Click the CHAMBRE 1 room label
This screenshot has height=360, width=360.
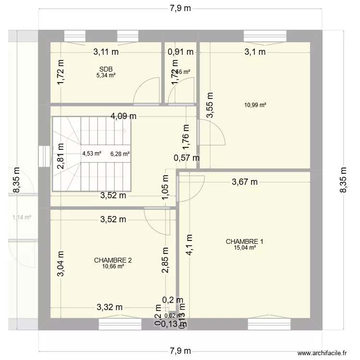click(x=244, y=241)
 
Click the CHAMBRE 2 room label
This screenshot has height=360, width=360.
click(x=113, y=260)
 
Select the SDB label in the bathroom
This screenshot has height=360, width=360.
click(x=106, y=69)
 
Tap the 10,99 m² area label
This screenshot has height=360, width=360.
click(x=256, y=105)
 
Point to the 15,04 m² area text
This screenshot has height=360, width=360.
click(x=244, y=248)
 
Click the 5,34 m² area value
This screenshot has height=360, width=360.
click(x=106, y=75)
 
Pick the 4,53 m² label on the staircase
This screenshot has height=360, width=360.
click(x=92, y=154)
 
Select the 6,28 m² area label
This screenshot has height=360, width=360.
click(x=120, y=154)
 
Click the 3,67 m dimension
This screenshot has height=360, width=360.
click(x=244, y=181)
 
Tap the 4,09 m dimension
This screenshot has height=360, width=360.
click(x=124, y=116)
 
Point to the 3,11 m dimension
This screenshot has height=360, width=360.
click(x=106, y=52)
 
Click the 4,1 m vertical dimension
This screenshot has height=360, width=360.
click(x=190, y=245)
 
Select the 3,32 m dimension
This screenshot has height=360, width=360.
click(x=110, y=307)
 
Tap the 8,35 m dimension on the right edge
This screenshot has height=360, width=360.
click(x=343, y=180)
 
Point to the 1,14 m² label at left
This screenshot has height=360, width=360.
click(x=22, y=217)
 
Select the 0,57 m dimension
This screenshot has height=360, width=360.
click(x=187, y=157)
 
